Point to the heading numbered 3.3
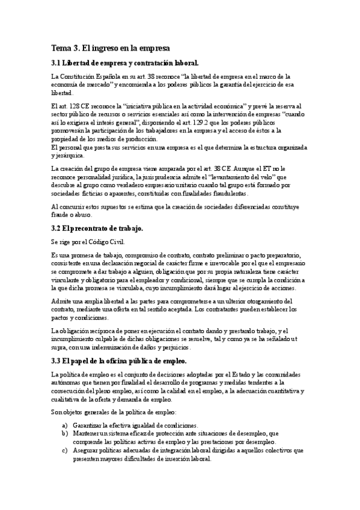[118, 361]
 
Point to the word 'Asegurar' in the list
[87, 450]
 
